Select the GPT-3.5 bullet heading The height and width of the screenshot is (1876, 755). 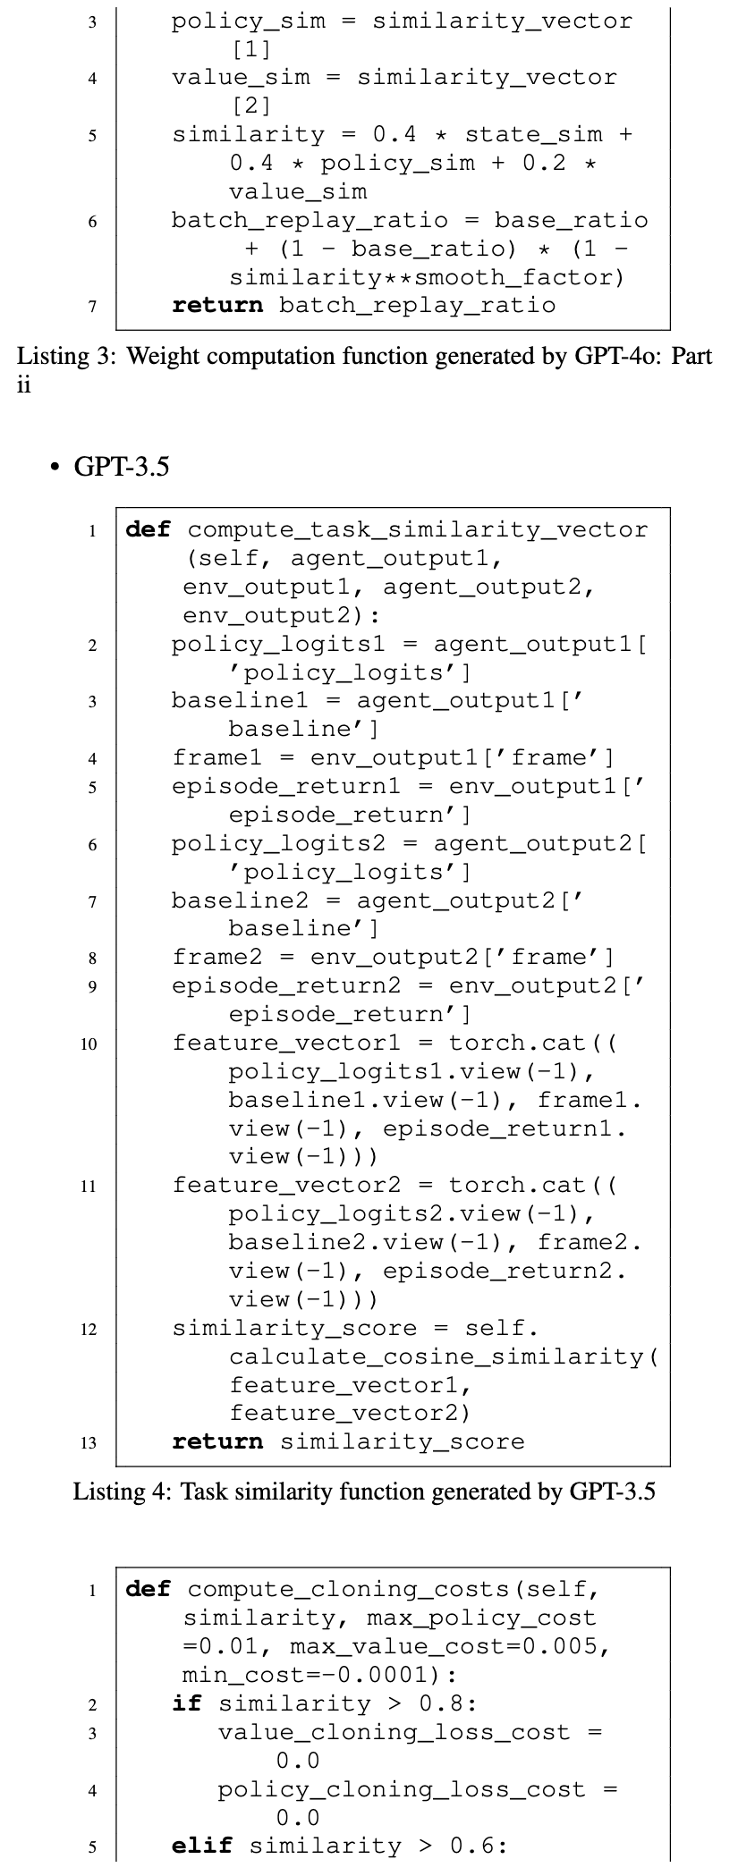click(121, 466)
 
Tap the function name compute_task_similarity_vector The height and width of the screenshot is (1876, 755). click(417, 529)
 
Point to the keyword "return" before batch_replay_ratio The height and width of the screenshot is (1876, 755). click(217, 306)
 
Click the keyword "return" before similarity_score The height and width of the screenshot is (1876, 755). click(217, 1441)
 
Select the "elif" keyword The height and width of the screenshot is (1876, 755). click(202, 1846)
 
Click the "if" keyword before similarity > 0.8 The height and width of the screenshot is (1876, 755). click(186, 1703)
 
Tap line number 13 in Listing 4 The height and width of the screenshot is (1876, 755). click(89, 1442)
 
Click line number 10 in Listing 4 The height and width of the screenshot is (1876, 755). click(89, 1044)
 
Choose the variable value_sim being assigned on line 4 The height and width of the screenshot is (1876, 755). click(241, 78)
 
